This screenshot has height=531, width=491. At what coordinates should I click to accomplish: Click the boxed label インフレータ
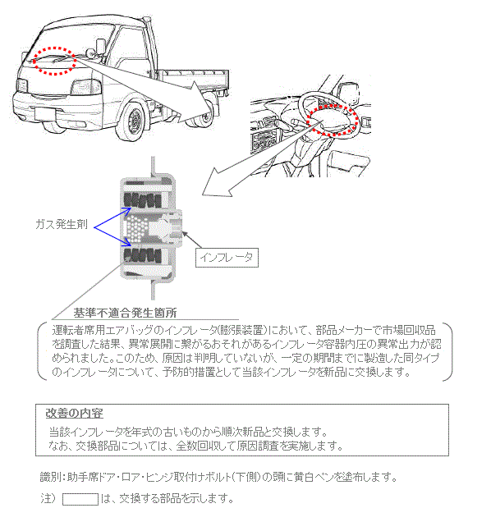pyautogui.click(x=226, y=257)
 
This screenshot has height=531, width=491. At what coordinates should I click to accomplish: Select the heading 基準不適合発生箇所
pyautogui.click(x=125, y=313)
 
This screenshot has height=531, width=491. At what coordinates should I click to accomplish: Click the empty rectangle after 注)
pyautogui.click(x=80, y=498)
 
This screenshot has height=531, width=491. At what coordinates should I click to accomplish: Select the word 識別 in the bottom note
pyautogui.click(x=50, y=477)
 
